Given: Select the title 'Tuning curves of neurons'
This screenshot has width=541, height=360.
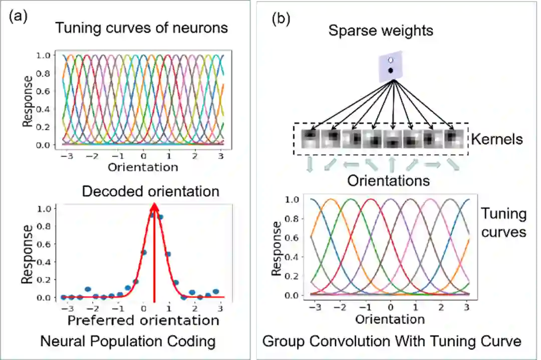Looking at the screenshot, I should (141, 28).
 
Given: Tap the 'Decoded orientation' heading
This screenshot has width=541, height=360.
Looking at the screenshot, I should (150, 191).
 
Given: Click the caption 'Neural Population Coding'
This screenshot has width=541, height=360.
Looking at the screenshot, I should (128, 341).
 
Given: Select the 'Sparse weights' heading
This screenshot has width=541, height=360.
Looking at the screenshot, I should (381, 31).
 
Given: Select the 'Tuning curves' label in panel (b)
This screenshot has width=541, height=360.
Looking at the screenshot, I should (503, 223).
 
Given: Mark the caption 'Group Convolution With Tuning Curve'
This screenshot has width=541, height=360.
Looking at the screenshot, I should (392, 341).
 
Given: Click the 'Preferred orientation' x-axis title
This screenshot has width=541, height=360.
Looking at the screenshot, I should (143, 319).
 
